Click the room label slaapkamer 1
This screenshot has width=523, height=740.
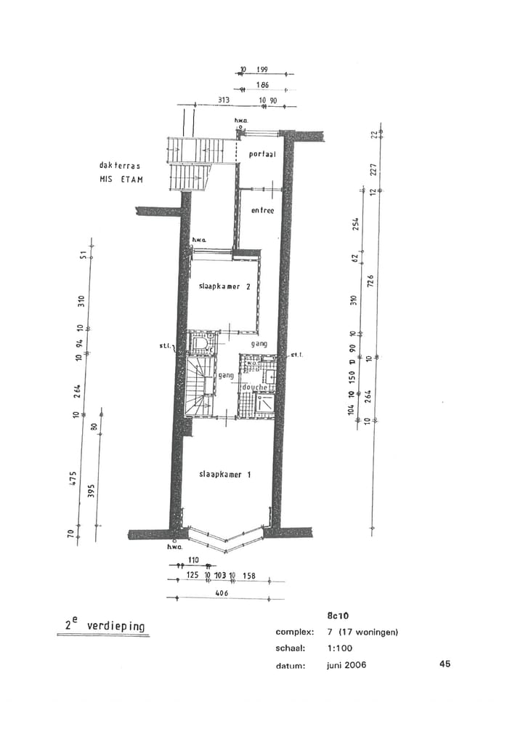[224, 475]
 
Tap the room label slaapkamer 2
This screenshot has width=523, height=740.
[224, 287]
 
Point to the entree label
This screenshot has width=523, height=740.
[262, 211]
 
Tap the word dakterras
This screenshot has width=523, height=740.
[120, 166]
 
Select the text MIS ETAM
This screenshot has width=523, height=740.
[121, 179]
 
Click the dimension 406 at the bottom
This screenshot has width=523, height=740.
[222, 593]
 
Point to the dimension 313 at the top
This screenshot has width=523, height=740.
[224, 100]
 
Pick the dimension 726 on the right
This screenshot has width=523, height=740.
[370, 281]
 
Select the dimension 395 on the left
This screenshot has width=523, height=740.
[92, 491]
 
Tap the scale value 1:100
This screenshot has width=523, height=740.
[339, 648]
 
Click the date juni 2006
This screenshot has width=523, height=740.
[346, 665]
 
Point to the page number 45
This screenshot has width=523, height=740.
[445, 664]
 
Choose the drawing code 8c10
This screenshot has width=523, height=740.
[338, 615]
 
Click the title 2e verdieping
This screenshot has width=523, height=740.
[105, 625]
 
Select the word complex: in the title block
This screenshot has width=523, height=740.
[294, 632]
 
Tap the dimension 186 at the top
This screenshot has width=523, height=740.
[263, 85]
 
